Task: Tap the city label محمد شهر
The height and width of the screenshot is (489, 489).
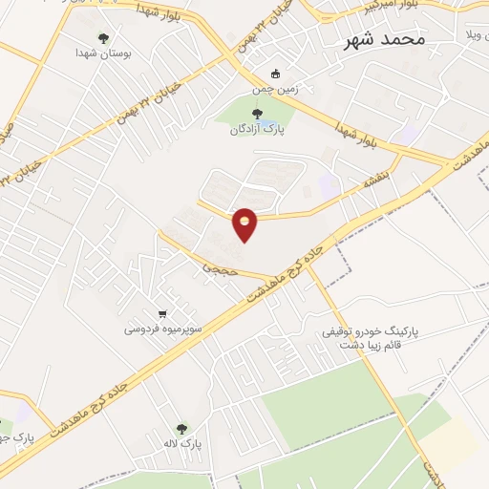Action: point(386,40)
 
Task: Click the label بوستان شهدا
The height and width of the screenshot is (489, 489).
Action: point(106,55)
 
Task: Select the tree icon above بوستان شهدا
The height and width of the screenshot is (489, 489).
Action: point(103,39)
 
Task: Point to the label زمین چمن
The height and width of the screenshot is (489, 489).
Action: point(269,89)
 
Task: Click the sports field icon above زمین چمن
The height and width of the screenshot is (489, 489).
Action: point(276,74)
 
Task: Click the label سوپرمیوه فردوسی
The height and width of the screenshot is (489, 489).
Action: point(159,330)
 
